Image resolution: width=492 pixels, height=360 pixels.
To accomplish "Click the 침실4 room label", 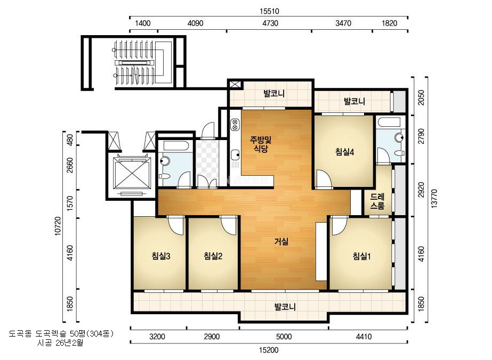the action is click(x=344, y=152).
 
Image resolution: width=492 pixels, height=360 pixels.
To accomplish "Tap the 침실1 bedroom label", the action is click(x=361, y=257).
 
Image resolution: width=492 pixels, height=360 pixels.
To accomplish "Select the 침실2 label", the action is click(x=213, y=256).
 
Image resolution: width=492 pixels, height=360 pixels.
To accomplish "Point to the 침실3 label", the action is click(x=160, y=256).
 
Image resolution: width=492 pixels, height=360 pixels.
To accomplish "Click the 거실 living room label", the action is click(x=281, y=241).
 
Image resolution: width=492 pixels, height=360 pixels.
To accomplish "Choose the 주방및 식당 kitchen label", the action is click(x=261, y=144).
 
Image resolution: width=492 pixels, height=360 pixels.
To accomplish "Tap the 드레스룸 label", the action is click(x=377, y=201).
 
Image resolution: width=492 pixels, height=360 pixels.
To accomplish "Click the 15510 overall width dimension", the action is click(x=269, y=11).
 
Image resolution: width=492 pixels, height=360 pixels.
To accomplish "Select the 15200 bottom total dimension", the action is click(x=269, y=350).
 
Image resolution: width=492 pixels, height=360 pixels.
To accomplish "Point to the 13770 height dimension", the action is click(x=434, y=198).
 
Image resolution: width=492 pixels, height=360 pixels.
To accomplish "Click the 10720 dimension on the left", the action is click(x=58, y=226).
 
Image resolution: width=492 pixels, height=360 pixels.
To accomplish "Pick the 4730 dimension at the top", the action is click(x=270, y=23).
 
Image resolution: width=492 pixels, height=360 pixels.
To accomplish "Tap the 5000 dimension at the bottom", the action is click(x=284, y=337).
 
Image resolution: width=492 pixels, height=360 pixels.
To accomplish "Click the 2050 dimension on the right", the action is click(x=421, y=98).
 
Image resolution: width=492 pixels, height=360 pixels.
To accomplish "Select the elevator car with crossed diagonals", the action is click(x=132, y=174).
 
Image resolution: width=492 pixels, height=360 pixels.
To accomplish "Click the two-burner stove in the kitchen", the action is click(x=235, y=125).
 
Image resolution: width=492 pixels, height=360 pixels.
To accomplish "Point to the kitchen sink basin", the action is click(x=235, y=154).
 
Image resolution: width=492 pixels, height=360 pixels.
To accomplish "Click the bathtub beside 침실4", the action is click(x=389, y=122).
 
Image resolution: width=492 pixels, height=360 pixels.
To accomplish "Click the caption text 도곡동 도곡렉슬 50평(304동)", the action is click(x=61, y=333).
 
